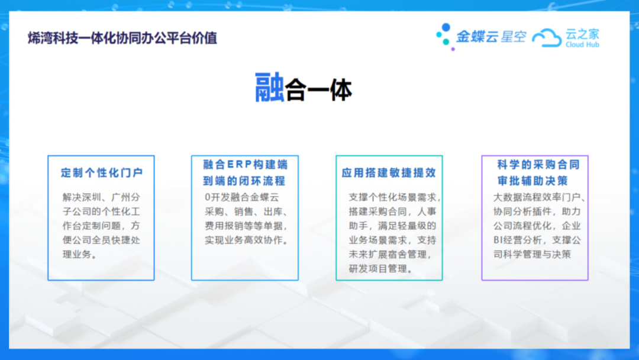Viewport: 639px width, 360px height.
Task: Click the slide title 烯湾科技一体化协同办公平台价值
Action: [122, 38]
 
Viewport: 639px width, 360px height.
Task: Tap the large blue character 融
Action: [269, 87]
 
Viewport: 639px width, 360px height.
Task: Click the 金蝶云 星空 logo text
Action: [491, 37]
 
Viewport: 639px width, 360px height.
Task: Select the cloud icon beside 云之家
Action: [547, 37]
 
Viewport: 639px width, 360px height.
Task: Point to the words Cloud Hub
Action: [582, 45]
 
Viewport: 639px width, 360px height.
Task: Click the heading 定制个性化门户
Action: [102, 173]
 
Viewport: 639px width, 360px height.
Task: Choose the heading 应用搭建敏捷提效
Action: [389, 173]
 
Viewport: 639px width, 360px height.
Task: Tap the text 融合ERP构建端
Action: [246, 165]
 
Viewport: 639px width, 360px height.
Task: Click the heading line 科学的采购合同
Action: [538, 165]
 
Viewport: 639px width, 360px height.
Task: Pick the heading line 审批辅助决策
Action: [532, 181]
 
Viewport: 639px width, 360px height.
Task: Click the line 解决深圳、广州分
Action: [102, 197]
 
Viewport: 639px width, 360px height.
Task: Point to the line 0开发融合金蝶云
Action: [242, 197]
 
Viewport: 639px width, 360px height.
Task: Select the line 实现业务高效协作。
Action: [247, 240]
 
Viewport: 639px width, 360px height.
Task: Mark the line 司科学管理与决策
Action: [532, 255]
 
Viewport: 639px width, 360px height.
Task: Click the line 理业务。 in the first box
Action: [80, 255]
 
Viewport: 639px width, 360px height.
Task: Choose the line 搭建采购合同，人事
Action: [393, 211]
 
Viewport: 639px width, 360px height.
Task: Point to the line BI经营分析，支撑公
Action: [537, 240]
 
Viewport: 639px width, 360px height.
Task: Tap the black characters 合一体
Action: [318, 90]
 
